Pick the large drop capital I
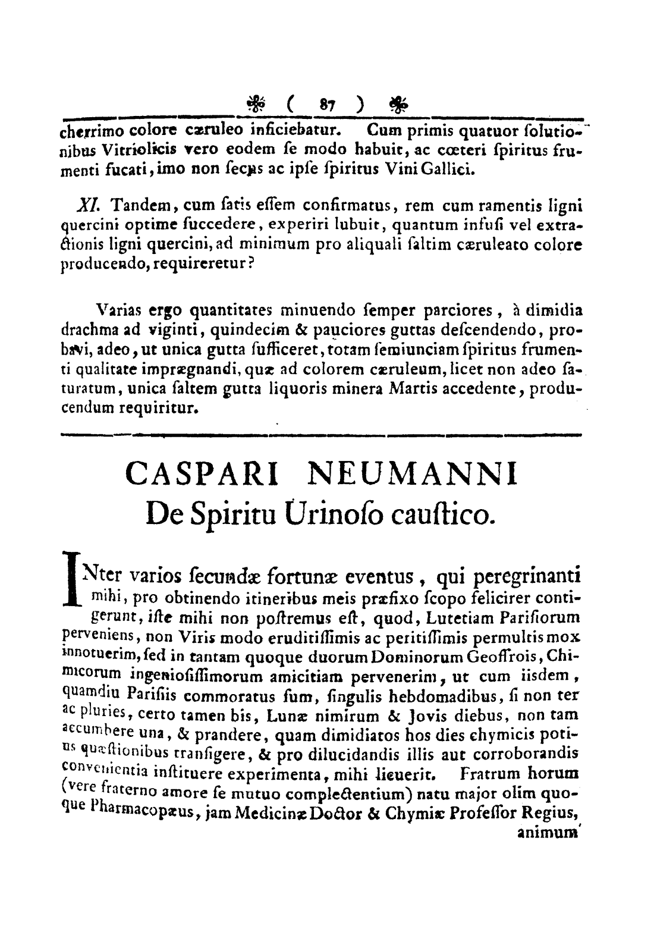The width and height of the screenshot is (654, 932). coord(71,578)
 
